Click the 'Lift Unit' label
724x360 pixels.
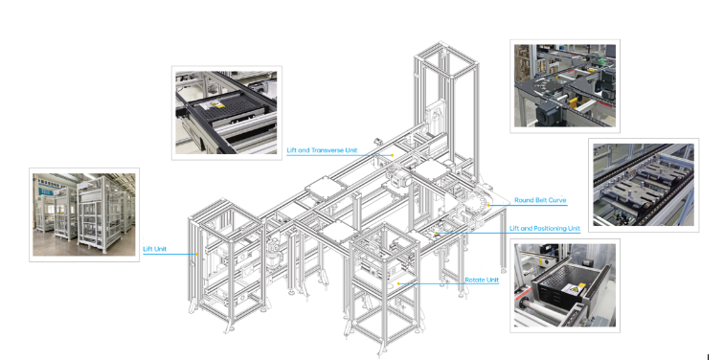click(155, 249)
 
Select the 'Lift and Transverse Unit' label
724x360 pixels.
click(322, 150)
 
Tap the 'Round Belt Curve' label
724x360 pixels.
click(540, 200)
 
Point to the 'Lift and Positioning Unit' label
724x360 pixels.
click(545, 229)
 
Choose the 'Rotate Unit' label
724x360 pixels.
click(482, 281)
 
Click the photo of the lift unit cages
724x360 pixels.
click(84, 214)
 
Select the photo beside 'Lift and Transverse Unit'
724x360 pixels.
click(226, 113)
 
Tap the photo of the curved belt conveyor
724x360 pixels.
click(565, 86)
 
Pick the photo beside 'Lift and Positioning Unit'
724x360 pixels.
click(644, 185)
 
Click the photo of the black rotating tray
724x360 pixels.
click(565, 285)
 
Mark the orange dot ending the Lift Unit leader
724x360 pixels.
click(197, 254)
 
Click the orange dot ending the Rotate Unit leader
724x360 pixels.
click(398, 283)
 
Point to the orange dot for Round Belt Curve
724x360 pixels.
click(488, 205)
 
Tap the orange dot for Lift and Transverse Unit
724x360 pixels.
click(393, 155)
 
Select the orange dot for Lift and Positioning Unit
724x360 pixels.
click(436, 233)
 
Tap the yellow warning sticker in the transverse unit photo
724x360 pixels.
click(215, 105)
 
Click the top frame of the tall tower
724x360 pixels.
click(445, 59)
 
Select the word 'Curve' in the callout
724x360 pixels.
click(557, 200)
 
